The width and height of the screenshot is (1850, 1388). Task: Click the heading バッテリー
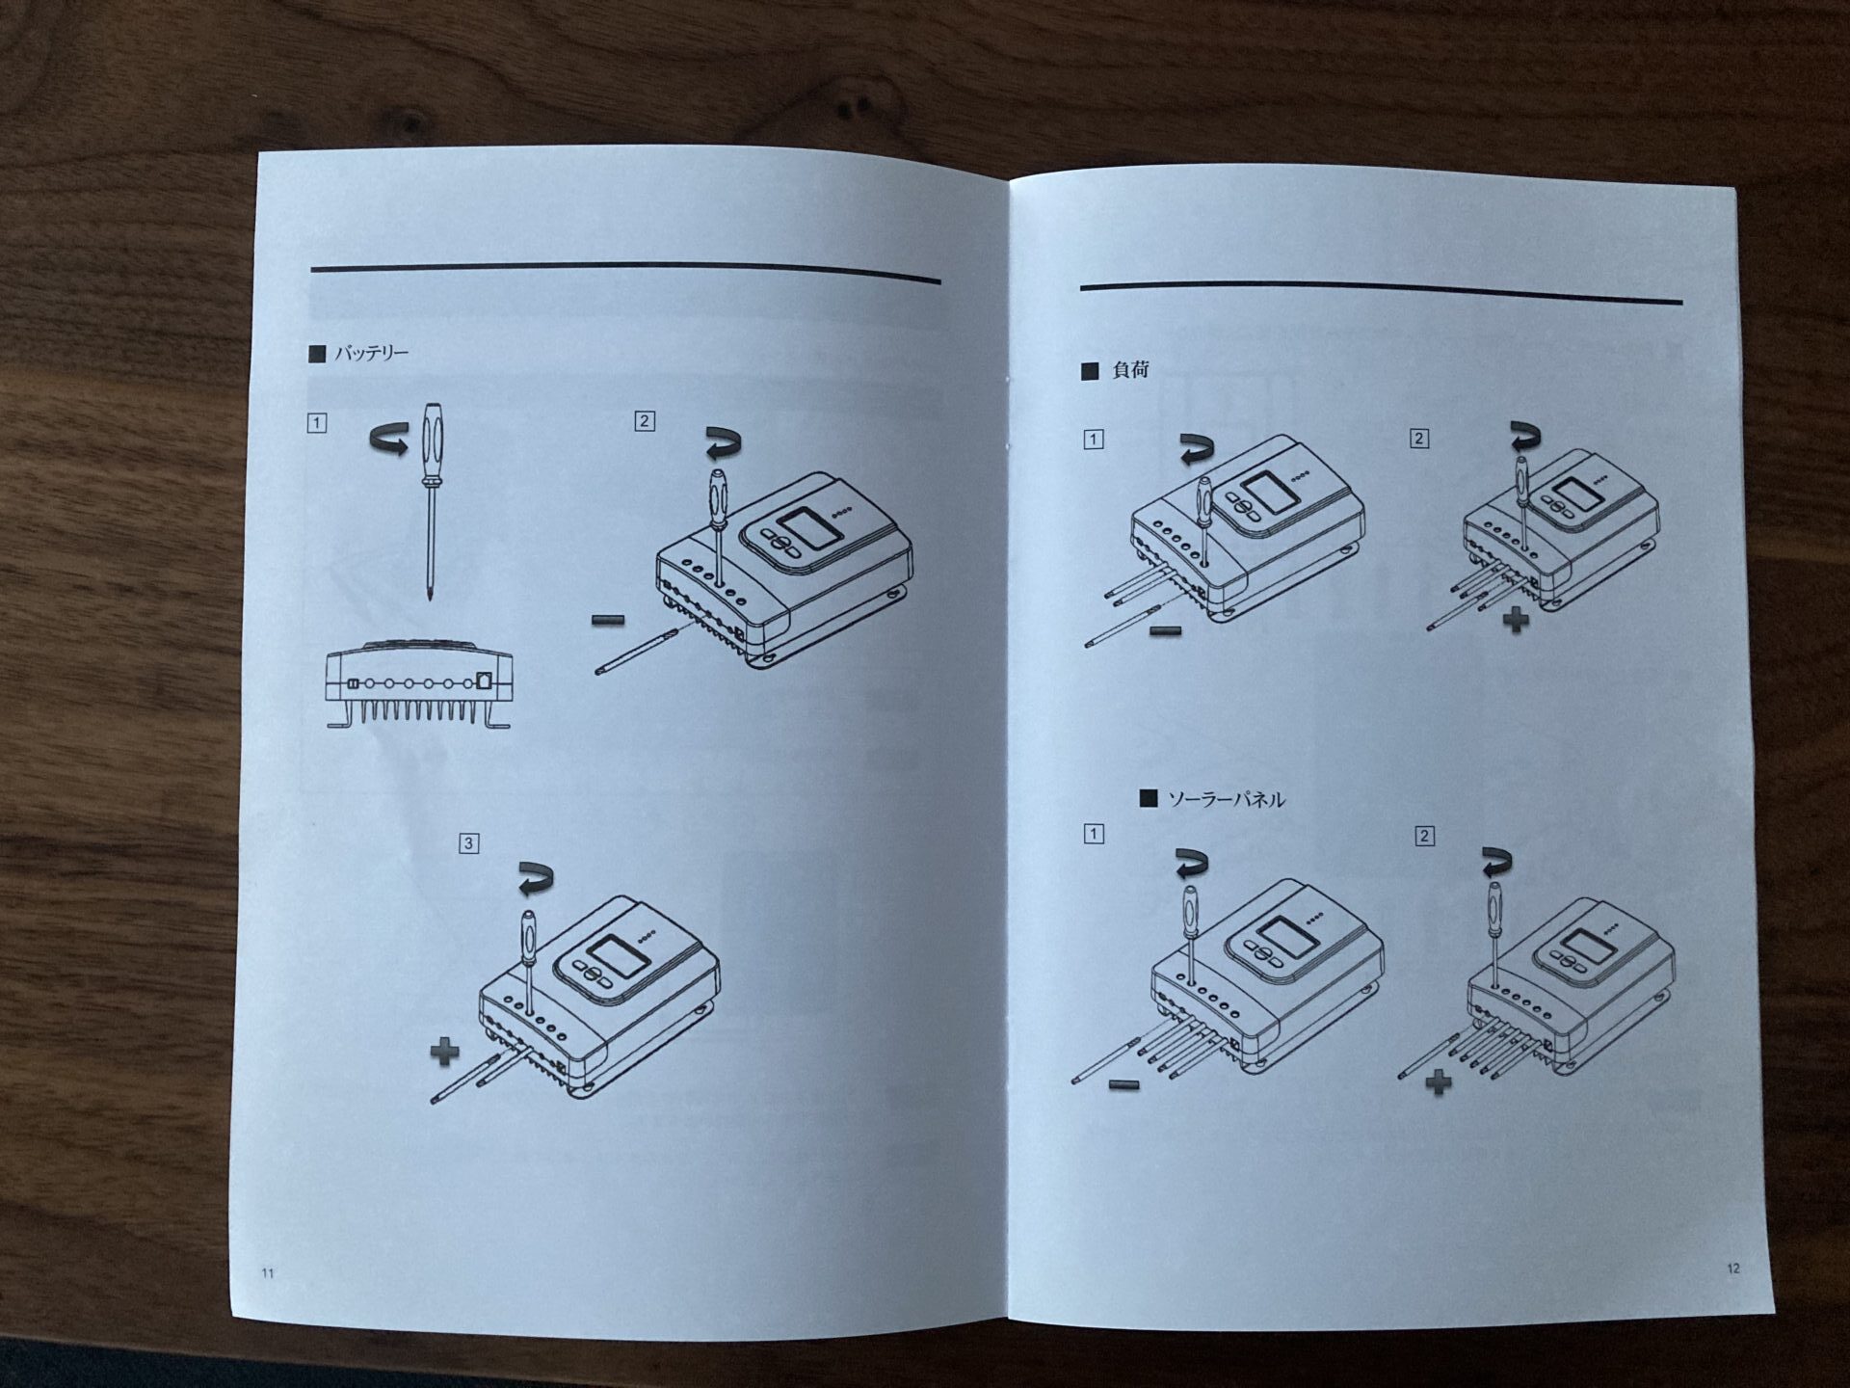click(x=371, y=354)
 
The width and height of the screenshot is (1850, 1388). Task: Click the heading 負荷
click(x=1130, y=370)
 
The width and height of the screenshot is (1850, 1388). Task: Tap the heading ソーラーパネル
click(x=1226, y=799)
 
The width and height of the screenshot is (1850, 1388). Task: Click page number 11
click(x=268, y=1273)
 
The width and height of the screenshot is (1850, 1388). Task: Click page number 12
click(x=1733, y=1268)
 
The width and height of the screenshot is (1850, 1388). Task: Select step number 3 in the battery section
click(x=468, y=843)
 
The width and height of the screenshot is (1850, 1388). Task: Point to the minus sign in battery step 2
click(x=607, y=620)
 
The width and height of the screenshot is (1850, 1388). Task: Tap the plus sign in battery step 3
click(x=444, y=1052)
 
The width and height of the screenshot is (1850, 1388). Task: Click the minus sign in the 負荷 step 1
click(x=1166, y=631)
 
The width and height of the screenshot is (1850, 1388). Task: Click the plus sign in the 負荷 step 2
click(x=1516, y=619)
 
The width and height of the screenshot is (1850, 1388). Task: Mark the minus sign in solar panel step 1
click(x=1123, y=1085)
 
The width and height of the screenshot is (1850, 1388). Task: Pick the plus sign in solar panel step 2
click(x=1438, y=1083)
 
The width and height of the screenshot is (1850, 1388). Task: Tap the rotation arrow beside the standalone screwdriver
click(x=389, y=441)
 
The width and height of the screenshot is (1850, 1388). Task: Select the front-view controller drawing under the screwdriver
click(x=419, y=683)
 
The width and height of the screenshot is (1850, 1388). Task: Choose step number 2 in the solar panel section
click(x=1424, y=836)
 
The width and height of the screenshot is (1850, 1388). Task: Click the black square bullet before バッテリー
click(x=317, y=354)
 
